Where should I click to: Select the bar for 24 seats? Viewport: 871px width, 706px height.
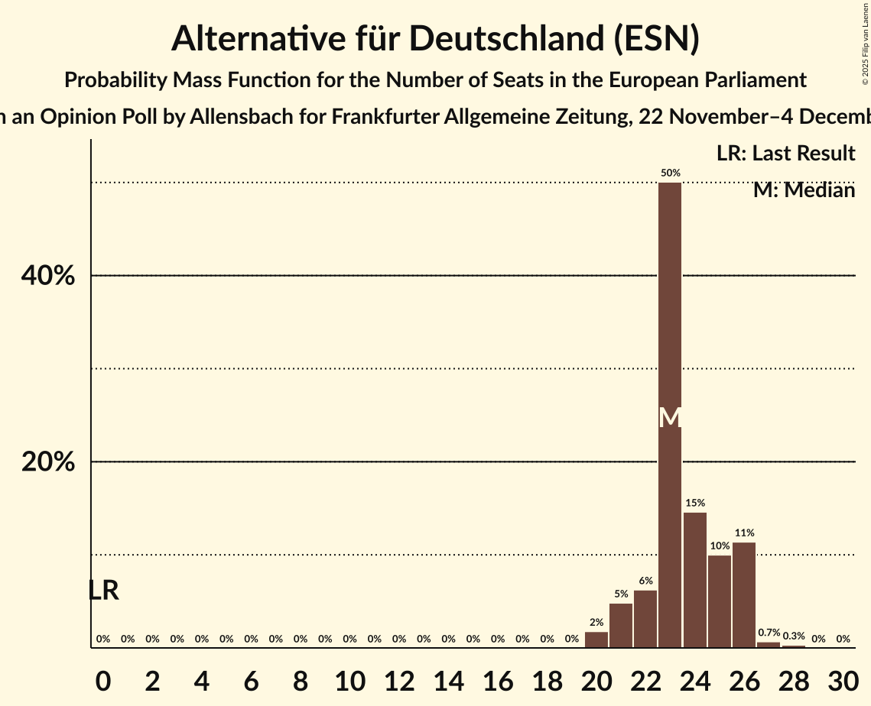click(x=694, y=580)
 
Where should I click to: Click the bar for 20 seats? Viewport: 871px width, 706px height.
click(x=596, y=640)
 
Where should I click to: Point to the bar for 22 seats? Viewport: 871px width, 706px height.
click(x=645, y=619)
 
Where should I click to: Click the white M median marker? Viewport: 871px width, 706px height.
click(x=670, y=417)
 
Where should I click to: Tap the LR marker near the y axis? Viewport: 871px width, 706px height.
click(x=103, y=591)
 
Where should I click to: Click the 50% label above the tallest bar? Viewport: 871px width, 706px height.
click(x=671, y=173)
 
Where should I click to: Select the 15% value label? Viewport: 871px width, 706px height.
click(x=695, y=503)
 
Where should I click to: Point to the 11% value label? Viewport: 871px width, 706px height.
click(x=745, y=533)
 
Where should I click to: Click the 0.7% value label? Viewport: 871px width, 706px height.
click(x=769, y=633)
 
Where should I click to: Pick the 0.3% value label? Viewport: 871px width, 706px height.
click(x=794, y=636)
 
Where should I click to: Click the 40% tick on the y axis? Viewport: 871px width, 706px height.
click(x=48, y=276)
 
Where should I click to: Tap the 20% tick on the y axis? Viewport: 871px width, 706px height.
click(x=48, y=462)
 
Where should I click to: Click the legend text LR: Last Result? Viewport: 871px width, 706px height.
click(x=785, y=153)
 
